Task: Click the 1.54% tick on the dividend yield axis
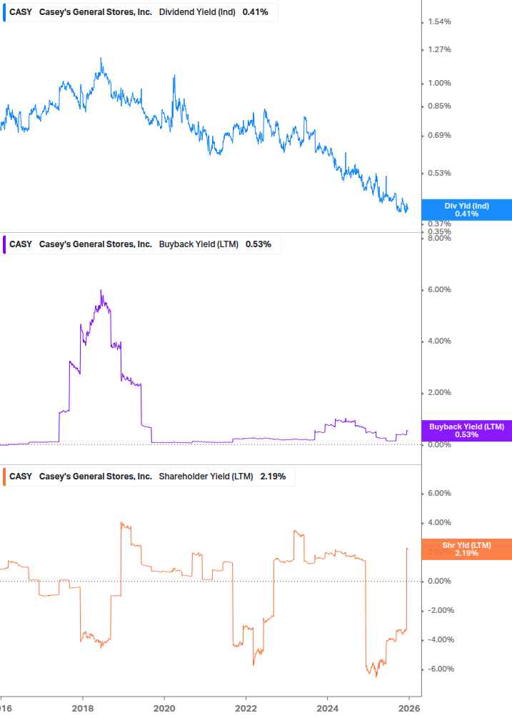[x=438, y=22]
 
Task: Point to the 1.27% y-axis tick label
[x=438, y=50]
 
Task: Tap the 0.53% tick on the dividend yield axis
[x=438, y=174]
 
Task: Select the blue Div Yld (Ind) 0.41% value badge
[x=467, y=209]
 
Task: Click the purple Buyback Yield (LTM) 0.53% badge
[x=467, y=430]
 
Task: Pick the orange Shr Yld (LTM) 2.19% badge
[x=467, y=549]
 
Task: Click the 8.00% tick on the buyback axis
[x=438, y=239]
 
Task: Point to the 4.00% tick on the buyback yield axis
[x=438, y=341]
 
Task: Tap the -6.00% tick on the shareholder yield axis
[x=438, y=669]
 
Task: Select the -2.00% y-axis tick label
[x=438, y=611]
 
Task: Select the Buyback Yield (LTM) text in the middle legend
[x=199, y=244]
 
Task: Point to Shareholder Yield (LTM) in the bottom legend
[x=206, y=477]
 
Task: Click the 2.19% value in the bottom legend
[x=273, y=477]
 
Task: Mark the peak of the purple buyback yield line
[x=101, y=290]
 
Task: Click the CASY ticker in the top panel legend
[x=21, y=12]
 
